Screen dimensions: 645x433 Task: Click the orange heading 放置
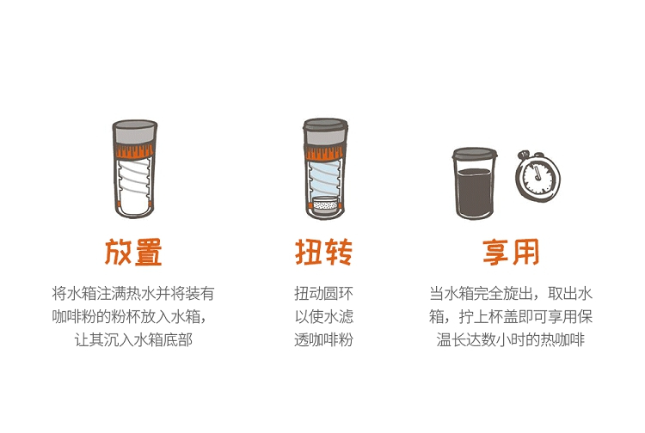click(133, 252)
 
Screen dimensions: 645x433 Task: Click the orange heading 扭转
click(323, 252)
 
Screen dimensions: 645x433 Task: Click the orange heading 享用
click(511, 252)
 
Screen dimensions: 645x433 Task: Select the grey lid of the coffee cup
click(474, 154)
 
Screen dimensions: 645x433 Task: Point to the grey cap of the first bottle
click(135, 132)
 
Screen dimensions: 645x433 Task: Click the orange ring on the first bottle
click(135, 151)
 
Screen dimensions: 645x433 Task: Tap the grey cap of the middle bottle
click(325, 131)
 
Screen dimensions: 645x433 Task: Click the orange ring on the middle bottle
click(325, 152)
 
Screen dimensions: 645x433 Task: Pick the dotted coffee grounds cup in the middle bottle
click(325, 205)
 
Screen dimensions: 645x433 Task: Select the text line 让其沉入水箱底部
click(133, 339)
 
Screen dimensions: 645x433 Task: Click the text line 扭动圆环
click(323, 293)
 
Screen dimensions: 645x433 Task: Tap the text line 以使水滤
click(323, 316)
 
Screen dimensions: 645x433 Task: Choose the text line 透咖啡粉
click(323, 339)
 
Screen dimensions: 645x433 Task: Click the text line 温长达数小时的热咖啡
click(511, 339)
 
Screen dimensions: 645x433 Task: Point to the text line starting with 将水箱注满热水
click(133, 293)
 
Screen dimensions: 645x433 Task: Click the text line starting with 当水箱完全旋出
click(511, 293)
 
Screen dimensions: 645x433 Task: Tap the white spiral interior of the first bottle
click(134, 185)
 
